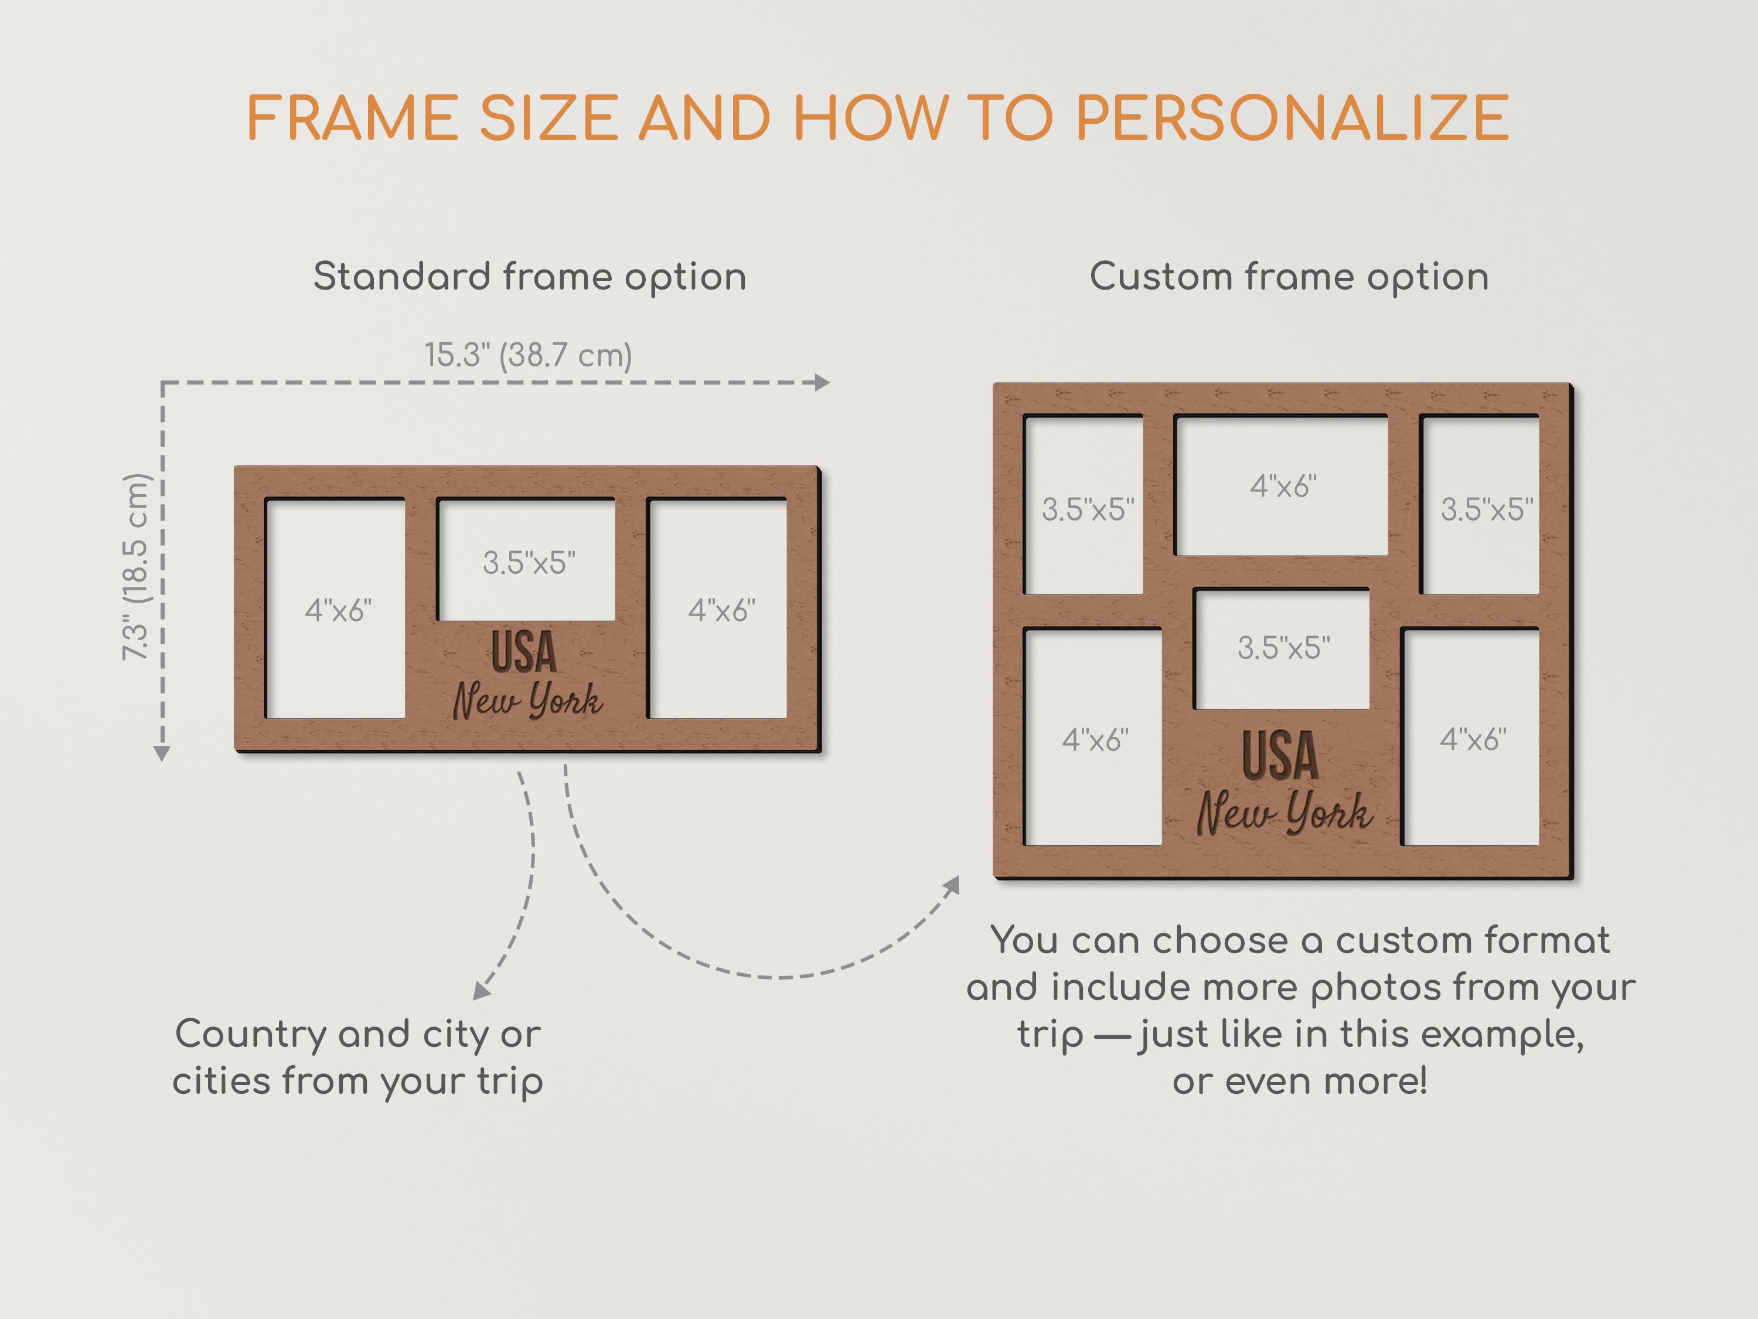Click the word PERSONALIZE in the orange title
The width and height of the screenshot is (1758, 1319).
click(x=1292, y=118)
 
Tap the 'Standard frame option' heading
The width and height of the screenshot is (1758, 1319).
click(x=529, y=277)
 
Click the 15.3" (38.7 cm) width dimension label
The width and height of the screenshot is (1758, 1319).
click(x=528, y=355)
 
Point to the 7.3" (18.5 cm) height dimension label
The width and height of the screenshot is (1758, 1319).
click(x=135, y=567)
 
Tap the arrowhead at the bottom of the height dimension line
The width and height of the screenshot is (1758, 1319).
click(x=162, y=754)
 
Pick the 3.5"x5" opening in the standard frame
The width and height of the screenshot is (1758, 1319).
click(x=526, y=560)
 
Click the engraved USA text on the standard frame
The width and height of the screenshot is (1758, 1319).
click(x=524, y=652)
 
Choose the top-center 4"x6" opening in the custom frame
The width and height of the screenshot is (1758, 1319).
click(x=1281, y=485)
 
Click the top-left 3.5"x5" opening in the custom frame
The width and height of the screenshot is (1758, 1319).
click(x=1084, y=504)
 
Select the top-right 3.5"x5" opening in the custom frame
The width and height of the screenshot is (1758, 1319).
click(x=1480, y=504)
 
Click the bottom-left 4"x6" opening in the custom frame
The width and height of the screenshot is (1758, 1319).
click(x=1093, y=737)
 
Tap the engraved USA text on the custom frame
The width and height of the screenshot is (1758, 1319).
click(x=1280, y=755)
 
